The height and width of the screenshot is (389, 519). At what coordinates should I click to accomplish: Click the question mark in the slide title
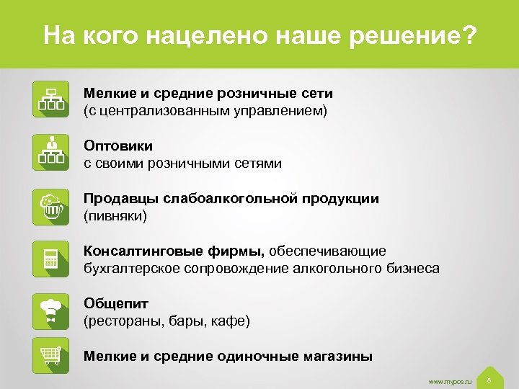pyautogui.click(x=469, y=35)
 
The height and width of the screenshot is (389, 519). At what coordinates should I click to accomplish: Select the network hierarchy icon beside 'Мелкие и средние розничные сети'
pyautogui.click(x=51, y=99)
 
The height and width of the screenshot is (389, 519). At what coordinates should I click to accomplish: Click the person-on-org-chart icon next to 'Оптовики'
pyautogui.click(x=51, y=152)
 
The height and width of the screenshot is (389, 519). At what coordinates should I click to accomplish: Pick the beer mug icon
pyautogui.click(x=51, y=206)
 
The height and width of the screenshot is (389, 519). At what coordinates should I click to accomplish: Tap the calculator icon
pyautogui.click(x=51, y=259)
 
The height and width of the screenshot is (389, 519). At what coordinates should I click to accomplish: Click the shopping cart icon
pyautogui.click(x=51, y=355)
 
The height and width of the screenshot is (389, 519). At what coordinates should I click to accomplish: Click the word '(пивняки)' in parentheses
pyautogui.click(x=115, y=215)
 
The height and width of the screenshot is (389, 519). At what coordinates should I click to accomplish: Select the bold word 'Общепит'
pyautogui.click(x=116, y=303)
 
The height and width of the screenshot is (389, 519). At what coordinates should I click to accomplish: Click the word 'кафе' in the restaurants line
pyautogui.click(x=230, y=321)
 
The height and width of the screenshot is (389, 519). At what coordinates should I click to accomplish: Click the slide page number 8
pyautogui.click(x=489, y=379)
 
